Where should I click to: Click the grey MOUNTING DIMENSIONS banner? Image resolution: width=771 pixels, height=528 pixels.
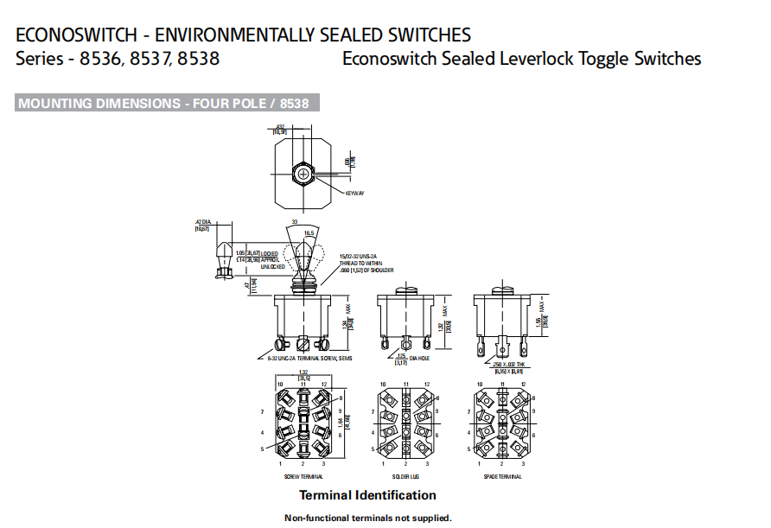click(168, 104)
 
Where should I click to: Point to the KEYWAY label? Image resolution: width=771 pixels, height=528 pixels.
click(354, 193)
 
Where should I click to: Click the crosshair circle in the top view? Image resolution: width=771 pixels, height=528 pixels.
click(303, 174)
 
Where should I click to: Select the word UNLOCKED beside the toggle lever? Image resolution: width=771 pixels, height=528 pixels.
click(272, 266)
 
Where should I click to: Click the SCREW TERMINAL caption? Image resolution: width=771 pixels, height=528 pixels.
click(303, 476)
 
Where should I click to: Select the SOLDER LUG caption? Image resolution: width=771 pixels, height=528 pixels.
click(405, 476)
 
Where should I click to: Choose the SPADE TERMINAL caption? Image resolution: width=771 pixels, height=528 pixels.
click(503, 476)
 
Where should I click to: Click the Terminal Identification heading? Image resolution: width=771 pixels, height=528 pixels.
click(367, 495)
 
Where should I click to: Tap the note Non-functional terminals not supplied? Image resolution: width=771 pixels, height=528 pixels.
click(368, 518)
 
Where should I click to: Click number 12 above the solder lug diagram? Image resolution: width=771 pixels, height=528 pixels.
click(426, 383)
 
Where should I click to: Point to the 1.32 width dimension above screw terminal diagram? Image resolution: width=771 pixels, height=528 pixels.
click(303, 372)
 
